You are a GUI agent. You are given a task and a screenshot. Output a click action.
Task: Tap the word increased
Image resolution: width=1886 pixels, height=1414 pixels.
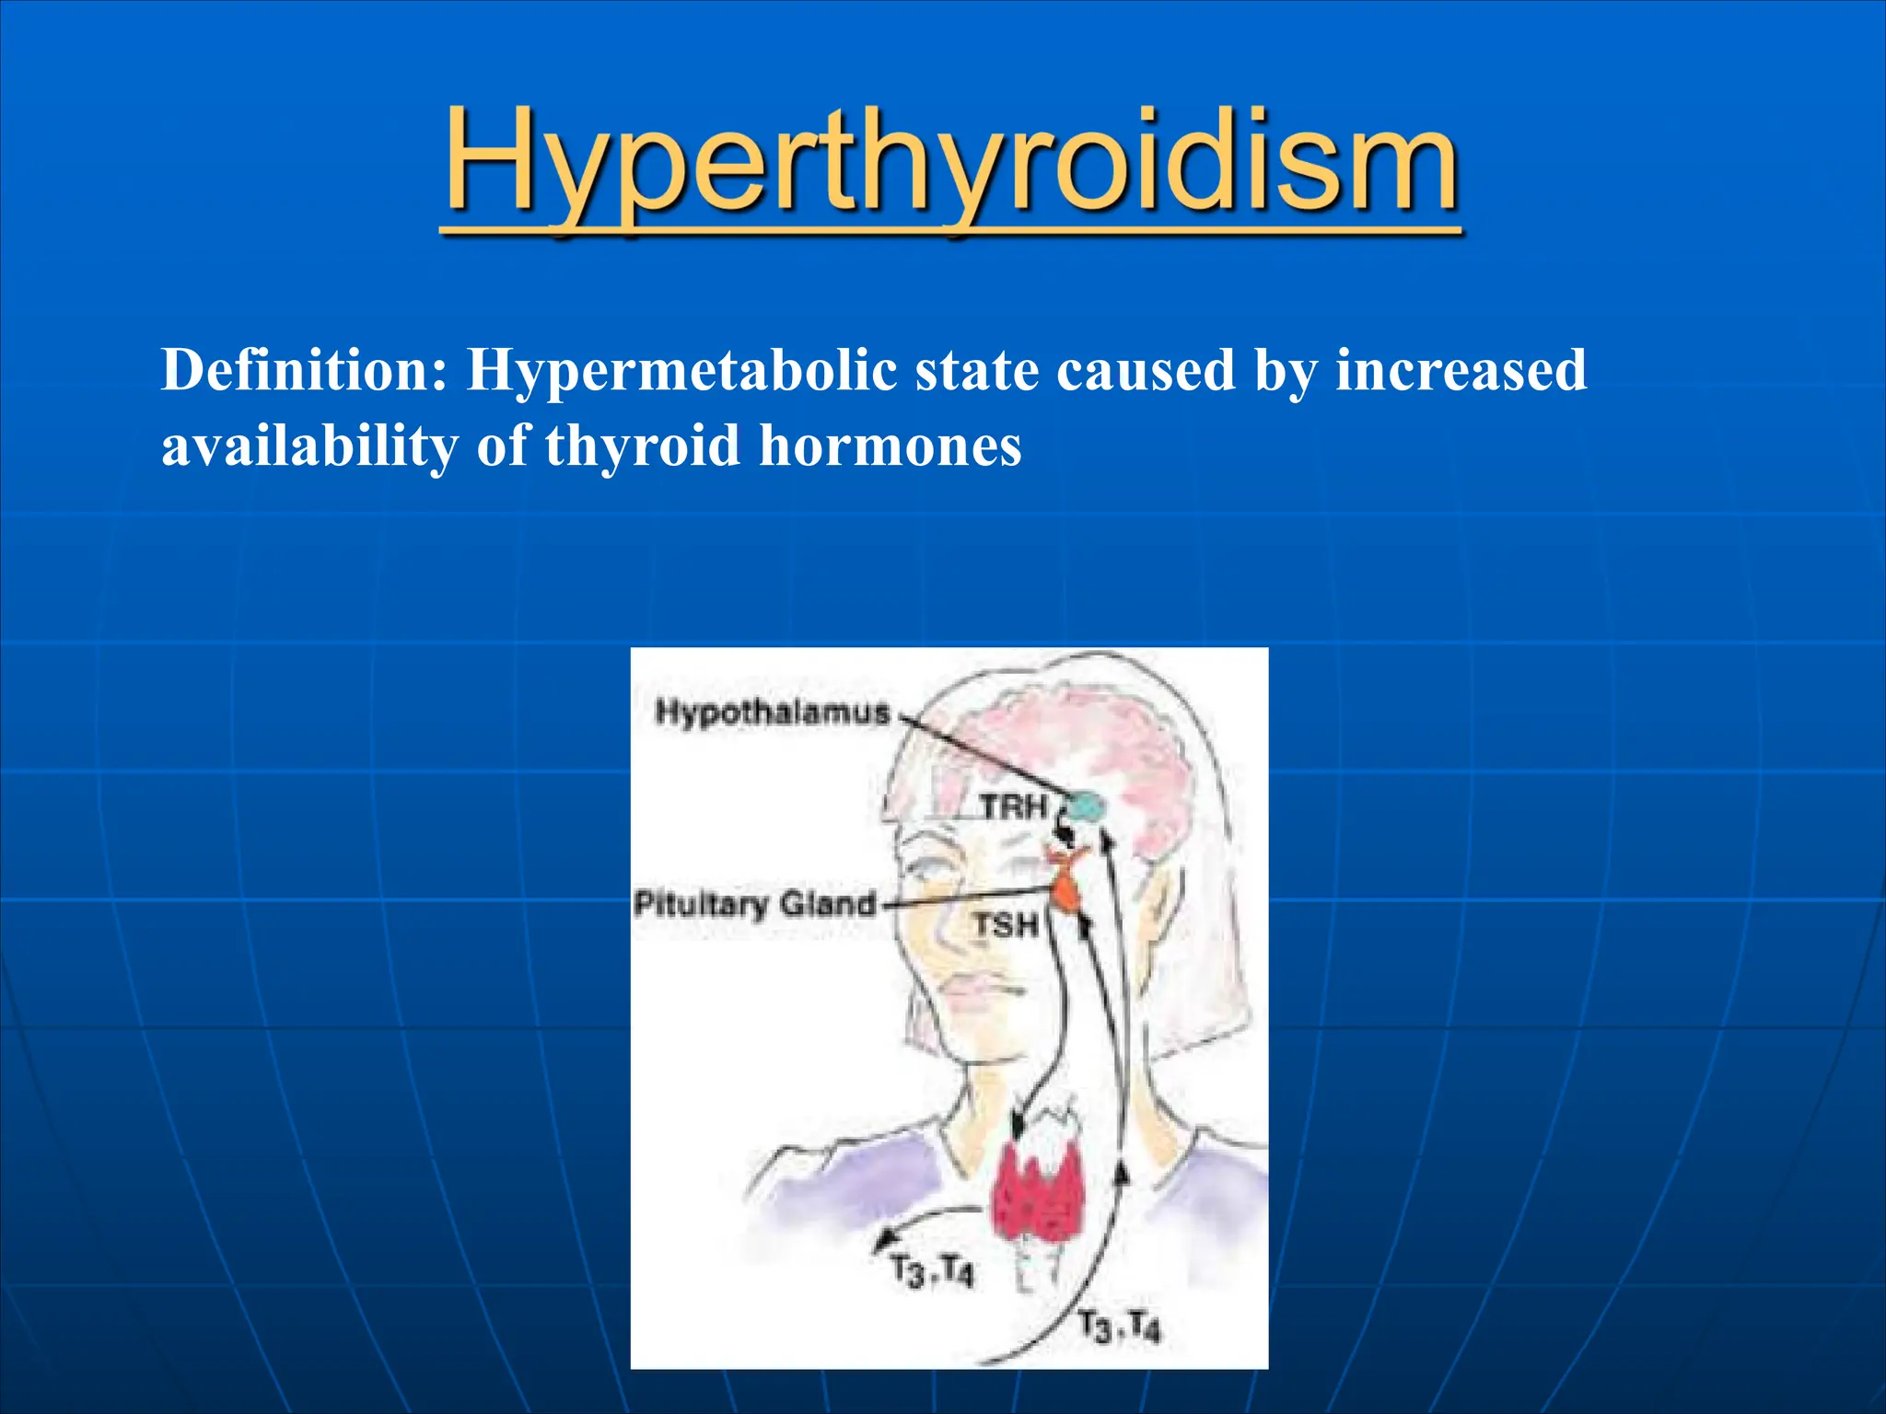pos(1461,371)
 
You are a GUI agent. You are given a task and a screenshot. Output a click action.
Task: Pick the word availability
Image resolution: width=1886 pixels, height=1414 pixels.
pos(309,447)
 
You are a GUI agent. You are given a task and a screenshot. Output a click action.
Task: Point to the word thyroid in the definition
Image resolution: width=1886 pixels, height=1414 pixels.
pos(642,447)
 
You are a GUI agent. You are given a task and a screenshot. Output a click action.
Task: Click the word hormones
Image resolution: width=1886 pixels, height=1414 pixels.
pos(890,447)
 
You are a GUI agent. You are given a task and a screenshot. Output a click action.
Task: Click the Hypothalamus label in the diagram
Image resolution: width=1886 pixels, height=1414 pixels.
pos(772,712)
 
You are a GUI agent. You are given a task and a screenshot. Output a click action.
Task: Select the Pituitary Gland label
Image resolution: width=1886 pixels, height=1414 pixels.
pos(754,904)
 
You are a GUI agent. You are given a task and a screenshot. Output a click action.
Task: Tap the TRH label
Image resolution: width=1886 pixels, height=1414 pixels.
pos(1013,807)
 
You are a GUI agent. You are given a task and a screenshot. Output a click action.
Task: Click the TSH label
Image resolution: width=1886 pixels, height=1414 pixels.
pos(1006,925)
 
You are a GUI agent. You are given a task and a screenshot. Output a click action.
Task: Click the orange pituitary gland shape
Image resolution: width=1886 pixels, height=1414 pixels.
pos(1067,888)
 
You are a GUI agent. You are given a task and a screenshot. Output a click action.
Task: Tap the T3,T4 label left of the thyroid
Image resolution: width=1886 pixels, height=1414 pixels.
pos(931,1273)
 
